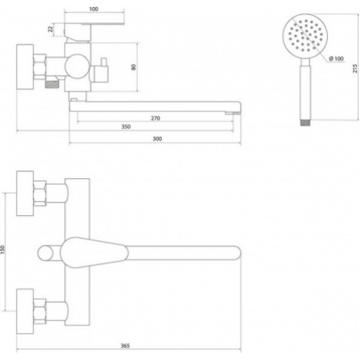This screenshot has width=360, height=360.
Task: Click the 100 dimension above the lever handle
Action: pyautogui.click(x=94, y=9)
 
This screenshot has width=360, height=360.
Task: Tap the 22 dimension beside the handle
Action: pyautogui.click(x=50, y=29)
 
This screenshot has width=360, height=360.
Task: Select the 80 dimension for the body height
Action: pyautogui.click(x=134, y=67)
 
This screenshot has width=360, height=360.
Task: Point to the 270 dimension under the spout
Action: pyautogui.click(x=156, y=118)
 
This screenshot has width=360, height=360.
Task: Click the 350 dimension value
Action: pyautogui.click(x=126, y=127)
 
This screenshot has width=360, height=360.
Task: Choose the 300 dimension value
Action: pyautogui.click(x=157, y=139)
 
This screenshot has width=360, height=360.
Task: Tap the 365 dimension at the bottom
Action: pyautogui.click(x=125, y=346)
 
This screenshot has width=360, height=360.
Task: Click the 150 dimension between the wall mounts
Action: pyautogui.click(x=2, y=250)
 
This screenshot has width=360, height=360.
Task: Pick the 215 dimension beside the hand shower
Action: pyautogui.click(x=355, y=68)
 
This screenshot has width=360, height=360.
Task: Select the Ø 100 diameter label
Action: pyautogui.click(x=337, y=59)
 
